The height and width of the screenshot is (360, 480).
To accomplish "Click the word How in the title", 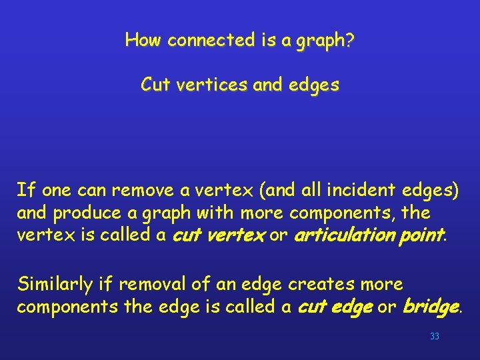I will (x=143, y=41).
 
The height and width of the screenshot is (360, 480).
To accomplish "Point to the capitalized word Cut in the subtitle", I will (x=154, y=85).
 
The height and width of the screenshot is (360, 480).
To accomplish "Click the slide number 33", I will (x=435, y=337).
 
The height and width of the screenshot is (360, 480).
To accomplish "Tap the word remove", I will (x=137, y=191).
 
